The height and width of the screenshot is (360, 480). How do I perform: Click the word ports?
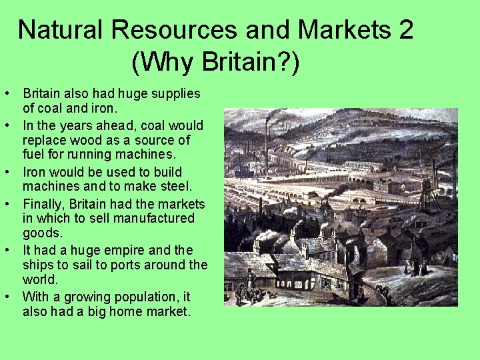[x=117, y=265]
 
